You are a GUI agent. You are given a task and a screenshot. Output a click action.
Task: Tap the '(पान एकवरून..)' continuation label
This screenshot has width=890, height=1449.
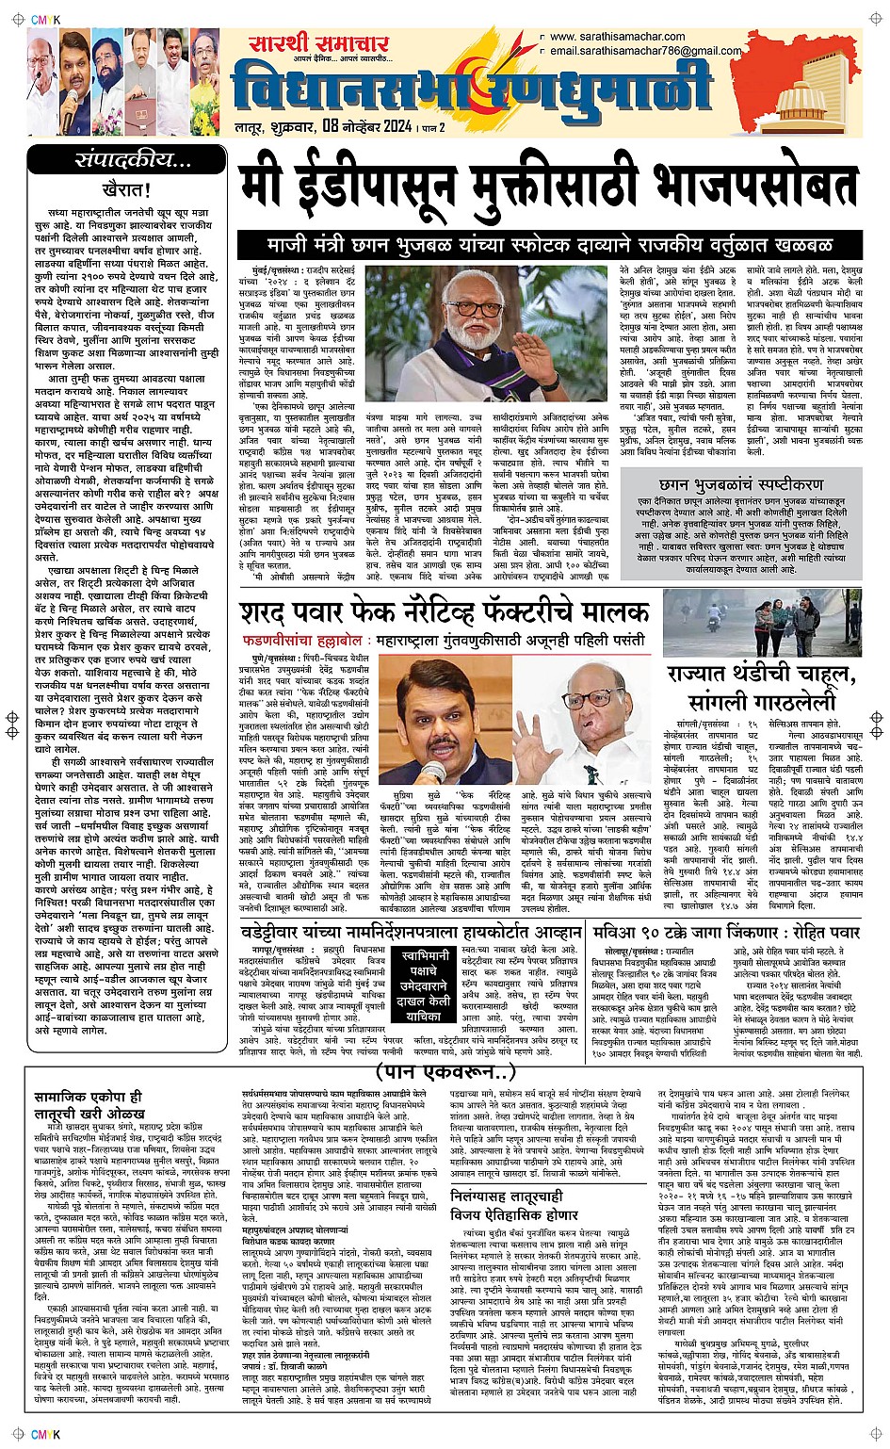coord(445,1071)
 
